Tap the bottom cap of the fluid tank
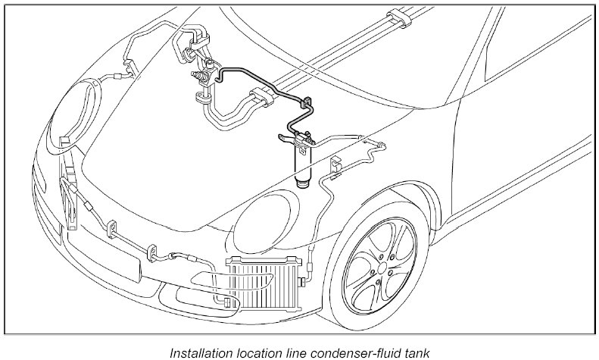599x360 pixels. point(302,182)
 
